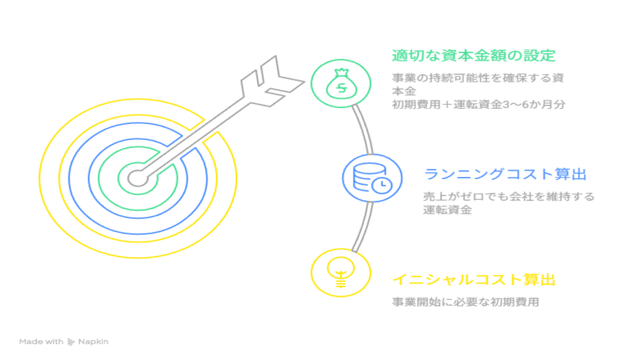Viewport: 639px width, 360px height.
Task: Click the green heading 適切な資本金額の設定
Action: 473,56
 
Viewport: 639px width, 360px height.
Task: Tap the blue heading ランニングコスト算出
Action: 505,174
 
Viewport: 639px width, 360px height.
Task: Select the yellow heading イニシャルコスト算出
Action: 474,279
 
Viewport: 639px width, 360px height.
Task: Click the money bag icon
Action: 341,84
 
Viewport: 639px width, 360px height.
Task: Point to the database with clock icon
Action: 372,178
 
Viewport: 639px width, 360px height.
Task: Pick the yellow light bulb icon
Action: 341,272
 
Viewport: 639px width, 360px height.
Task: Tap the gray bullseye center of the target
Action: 137,178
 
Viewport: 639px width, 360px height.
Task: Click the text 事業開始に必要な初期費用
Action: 465,302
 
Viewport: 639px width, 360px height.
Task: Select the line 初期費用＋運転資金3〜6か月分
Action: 479,104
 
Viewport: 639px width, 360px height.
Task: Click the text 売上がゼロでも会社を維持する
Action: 509,196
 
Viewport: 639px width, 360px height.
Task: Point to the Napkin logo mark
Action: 71,341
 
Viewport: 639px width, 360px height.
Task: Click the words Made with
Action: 41,341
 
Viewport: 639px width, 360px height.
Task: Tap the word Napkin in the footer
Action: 93,342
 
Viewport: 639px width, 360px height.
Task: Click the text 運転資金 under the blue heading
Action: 447,210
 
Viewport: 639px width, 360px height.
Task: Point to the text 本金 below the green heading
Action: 404,91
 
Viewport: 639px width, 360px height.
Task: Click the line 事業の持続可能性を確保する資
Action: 478,77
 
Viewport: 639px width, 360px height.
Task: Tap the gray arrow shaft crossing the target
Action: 196,137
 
